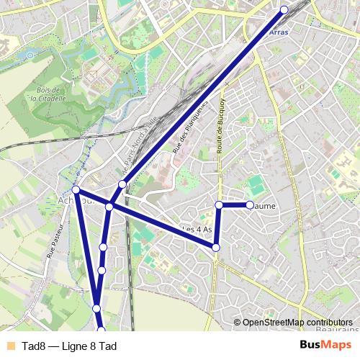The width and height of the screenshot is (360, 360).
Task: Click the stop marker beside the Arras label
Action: click(284, 9)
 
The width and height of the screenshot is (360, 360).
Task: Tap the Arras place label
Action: click(278, 32)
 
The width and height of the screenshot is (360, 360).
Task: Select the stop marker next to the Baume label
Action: click(250, 205)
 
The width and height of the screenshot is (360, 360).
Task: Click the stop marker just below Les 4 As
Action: click(216, 248)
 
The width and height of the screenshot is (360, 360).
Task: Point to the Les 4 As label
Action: click(197, 230)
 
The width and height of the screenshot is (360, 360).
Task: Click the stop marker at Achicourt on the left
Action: click(76, 190)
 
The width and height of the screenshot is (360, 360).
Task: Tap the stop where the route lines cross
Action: click(109, 207)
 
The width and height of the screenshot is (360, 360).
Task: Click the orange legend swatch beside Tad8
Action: click(9, 346)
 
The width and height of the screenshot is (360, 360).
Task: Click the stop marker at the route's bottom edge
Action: click(101, 330)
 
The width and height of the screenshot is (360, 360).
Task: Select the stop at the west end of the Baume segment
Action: click(220, 205)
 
